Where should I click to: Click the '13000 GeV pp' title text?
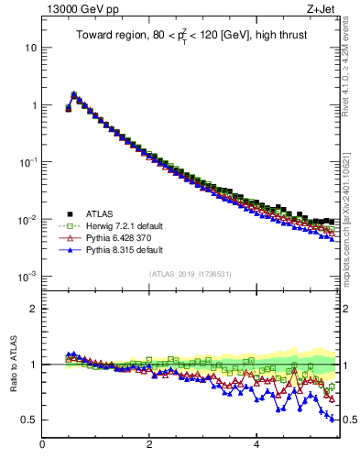tap(80, 10)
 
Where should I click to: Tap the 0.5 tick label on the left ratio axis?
tap(28, 420)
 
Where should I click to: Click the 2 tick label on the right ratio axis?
tap(347, 309)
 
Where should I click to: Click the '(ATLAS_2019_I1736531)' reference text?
tap(191, 274)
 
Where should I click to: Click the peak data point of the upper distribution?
tap(73, 94)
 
